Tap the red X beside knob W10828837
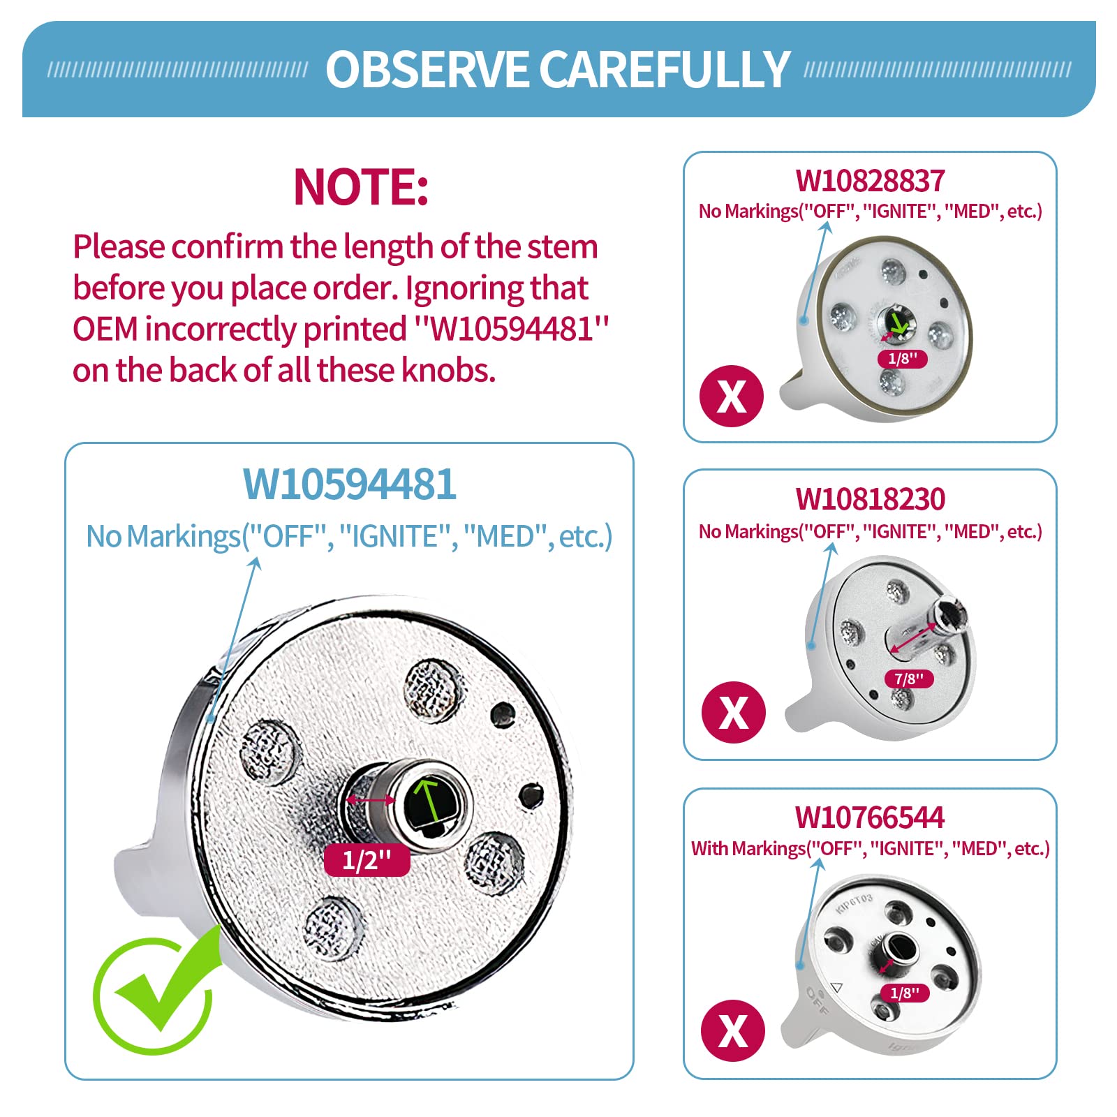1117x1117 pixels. (x=732, y=396)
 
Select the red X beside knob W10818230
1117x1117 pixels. (x=733, y=712)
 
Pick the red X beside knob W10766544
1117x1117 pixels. (x=732, y=1030)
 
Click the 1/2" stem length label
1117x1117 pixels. (x=367, y=859)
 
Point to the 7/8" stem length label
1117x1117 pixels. (x=908, y=679)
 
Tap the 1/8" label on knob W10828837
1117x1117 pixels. (x=902, y=359)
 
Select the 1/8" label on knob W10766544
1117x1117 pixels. (x=905, y=993)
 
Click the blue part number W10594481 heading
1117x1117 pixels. (x=349, y=484)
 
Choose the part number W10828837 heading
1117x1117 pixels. (x=870, y=181)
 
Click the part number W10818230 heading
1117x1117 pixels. (x=870, y=499)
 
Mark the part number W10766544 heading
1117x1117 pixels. (x=870, y=817)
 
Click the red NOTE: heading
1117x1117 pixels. (x=361, y=186)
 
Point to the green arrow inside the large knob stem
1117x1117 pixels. (x=427, y=799)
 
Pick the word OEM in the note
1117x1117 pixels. (x=105, y=329)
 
